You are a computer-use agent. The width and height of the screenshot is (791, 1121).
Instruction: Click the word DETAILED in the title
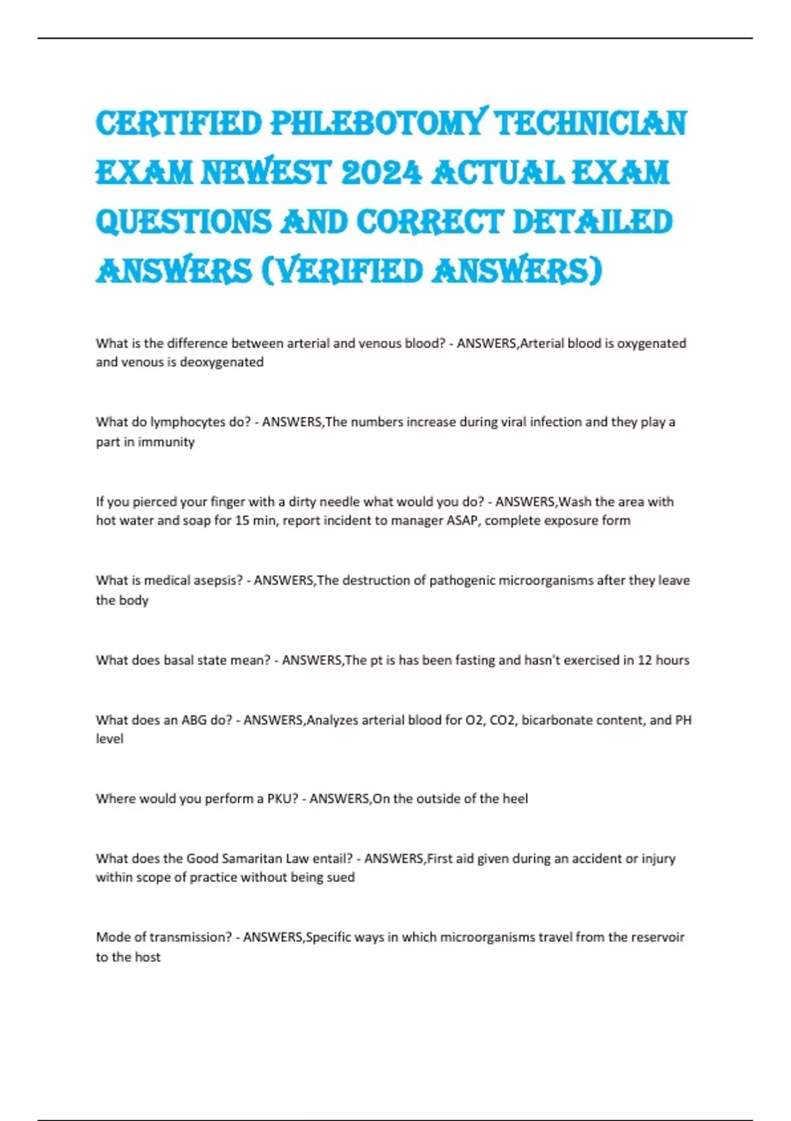point(592,222)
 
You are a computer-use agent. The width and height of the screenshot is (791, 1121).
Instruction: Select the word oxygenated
point(651,344)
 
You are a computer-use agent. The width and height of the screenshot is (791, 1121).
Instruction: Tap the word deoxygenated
point(221,362)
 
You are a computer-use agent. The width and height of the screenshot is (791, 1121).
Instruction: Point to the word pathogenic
point(462,581)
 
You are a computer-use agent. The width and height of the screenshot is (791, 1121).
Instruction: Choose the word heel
point(515,799)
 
